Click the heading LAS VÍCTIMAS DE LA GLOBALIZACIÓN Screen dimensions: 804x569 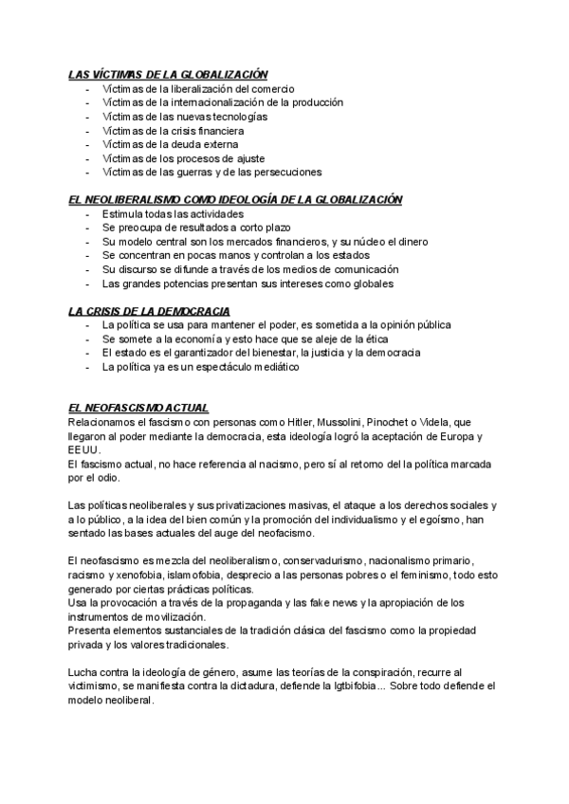168,74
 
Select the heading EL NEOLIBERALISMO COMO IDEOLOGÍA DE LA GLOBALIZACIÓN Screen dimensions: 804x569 236,200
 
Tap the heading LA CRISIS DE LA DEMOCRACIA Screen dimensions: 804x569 149,311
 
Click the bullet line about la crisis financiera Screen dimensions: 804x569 173,130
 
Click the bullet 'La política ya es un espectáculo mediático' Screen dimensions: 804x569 200,367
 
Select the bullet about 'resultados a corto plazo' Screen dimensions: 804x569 196,228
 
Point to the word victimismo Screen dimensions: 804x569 100,686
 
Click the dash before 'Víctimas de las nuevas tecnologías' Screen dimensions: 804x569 88,117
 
